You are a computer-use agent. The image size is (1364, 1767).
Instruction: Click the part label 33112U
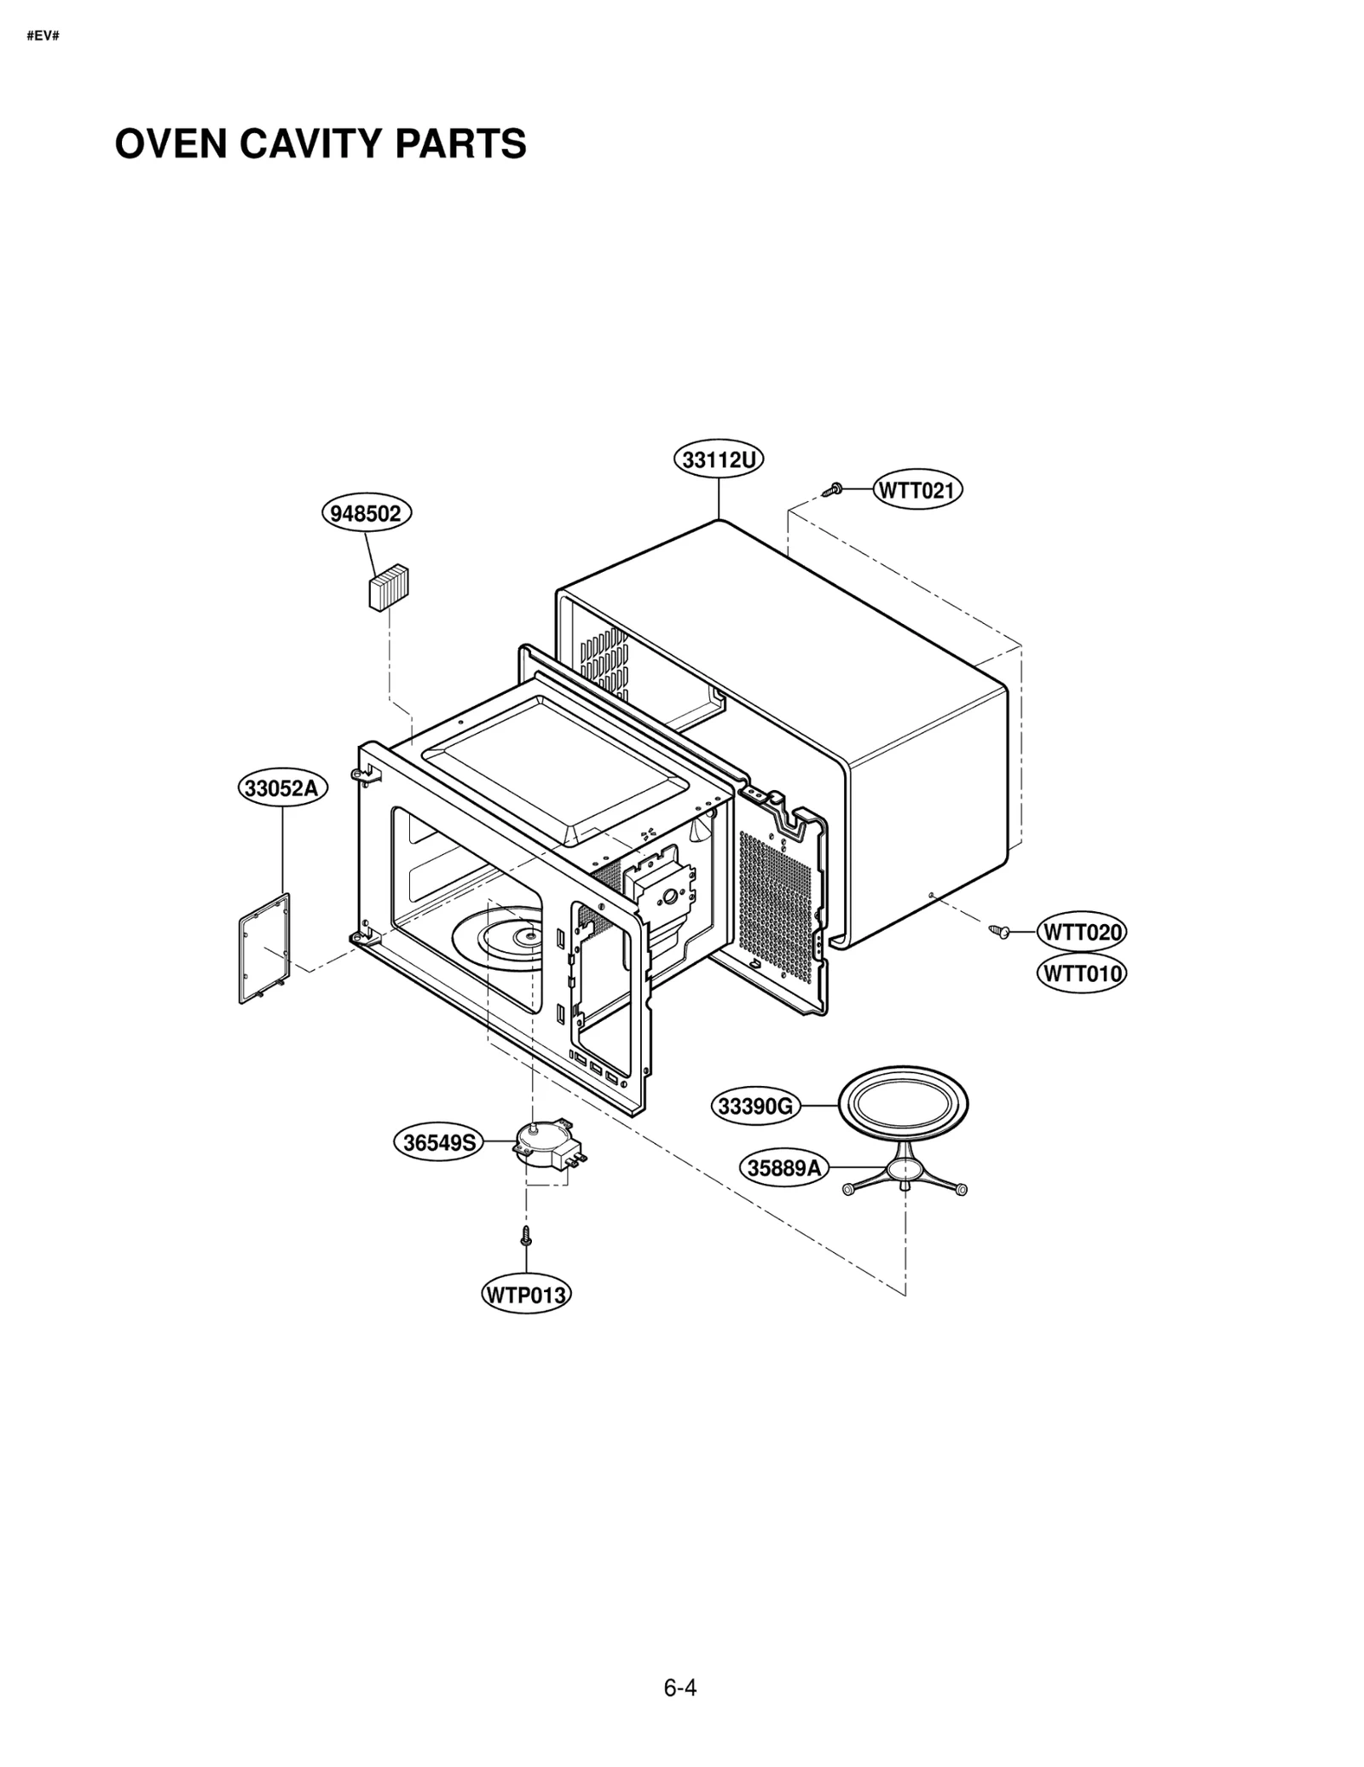(719, 460)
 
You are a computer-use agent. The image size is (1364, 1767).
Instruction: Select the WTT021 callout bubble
(917, 490)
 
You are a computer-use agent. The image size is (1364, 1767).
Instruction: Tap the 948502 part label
(366, 513)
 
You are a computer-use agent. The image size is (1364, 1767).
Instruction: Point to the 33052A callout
(281, 788)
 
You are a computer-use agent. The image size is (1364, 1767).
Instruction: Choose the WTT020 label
(1081, 933)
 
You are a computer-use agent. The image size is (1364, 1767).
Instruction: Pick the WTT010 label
(1081, 973)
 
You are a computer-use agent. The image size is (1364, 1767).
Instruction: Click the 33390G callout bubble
(756, 1106)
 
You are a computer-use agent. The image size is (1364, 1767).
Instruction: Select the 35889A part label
(783, 1168)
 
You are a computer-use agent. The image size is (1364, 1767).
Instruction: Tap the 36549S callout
(438, 1142)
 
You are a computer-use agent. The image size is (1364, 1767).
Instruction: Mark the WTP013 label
(526, 1296)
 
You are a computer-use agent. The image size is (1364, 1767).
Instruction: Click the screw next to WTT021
(832, 490)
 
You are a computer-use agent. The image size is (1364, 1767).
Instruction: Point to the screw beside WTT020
(998, 932)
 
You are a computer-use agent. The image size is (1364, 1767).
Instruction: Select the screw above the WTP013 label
(526, 1235)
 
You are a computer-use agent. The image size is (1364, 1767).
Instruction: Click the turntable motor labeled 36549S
(546, 1144)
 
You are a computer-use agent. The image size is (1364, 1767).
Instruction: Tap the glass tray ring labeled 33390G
(904, 1106)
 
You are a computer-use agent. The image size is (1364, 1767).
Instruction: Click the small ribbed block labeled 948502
(389, 587)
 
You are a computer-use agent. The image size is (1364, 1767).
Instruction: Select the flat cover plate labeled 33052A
(264, 948)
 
